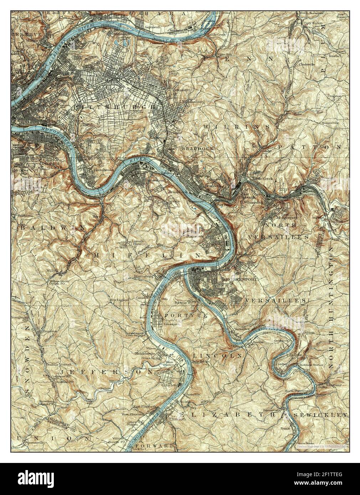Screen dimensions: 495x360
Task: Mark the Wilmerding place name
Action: [253, 202]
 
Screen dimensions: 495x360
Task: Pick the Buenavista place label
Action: [270, 410]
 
